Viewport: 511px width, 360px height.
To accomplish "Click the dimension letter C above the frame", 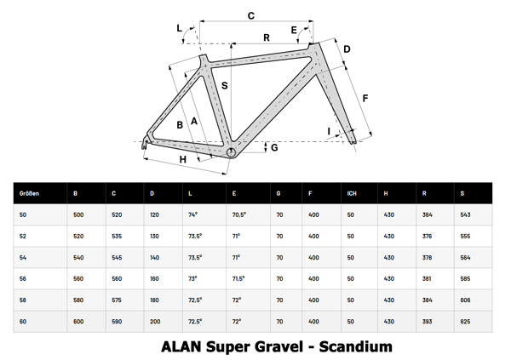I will (250, 15).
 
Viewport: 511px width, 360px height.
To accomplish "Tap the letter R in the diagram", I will (267, 37).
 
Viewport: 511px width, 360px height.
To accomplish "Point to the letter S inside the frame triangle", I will (225, 86).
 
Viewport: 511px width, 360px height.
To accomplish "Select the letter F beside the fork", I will (365, 99).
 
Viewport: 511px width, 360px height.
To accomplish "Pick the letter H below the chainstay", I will (181, 159).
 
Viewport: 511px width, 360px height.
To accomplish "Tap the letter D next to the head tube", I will (347, 49).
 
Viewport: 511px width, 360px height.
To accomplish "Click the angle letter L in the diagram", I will (180, 29).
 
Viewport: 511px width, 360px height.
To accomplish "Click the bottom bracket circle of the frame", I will (232, 151).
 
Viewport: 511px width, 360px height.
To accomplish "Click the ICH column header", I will (352, 193).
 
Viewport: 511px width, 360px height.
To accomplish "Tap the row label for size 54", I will (23, 257).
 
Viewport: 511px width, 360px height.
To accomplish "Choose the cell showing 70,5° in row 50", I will (239, 214).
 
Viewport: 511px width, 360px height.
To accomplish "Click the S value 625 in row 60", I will (464, 321).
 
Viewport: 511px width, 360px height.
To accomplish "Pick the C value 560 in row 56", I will (118, 278).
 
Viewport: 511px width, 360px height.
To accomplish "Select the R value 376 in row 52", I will (428, 236).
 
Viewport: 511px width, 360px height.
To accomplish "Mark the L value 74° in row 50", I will (193, 214).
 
